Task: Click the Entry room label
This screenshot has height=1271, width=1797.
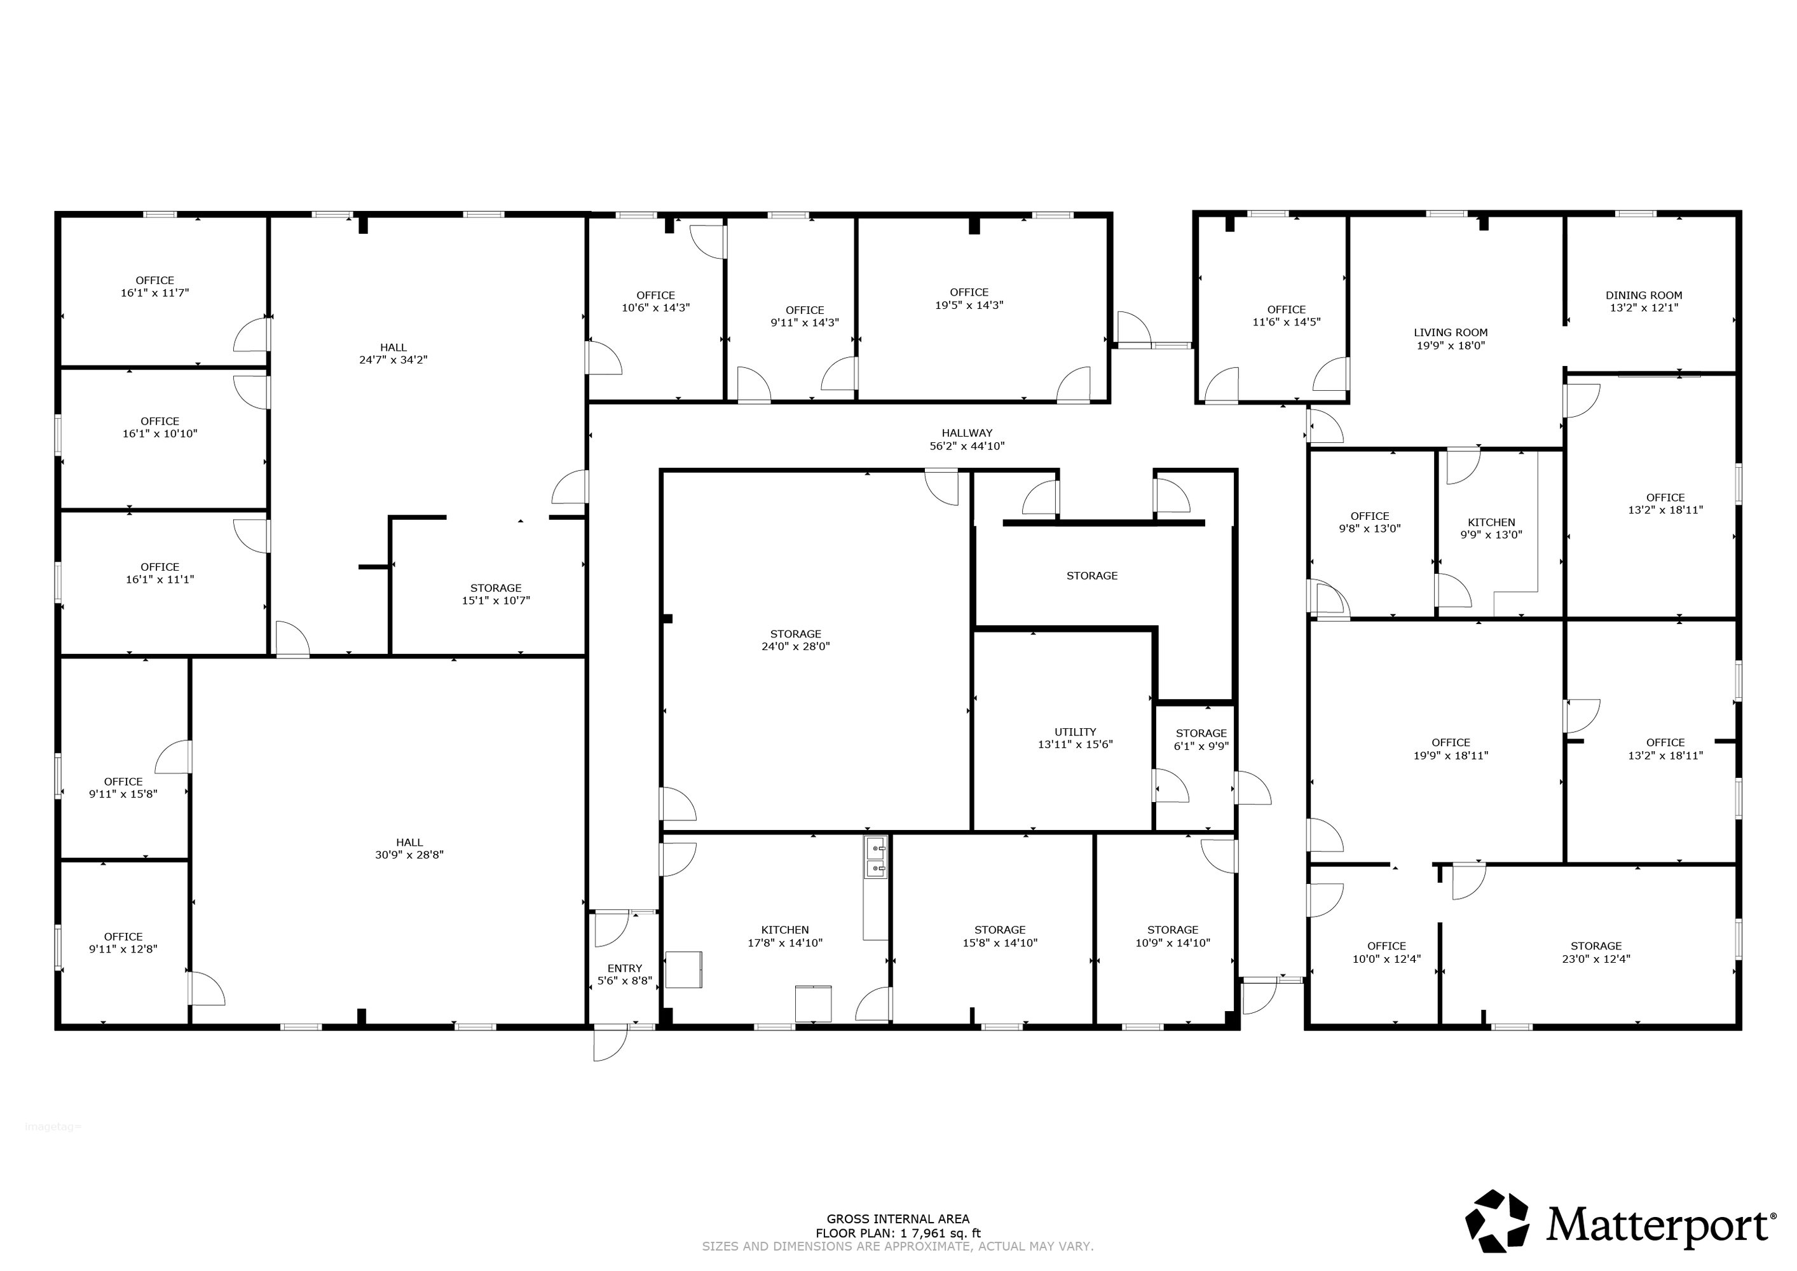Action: click(x=625, y=974)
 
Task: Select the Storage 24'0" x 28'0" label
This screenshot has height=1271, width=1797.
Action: click(x=796, y=640)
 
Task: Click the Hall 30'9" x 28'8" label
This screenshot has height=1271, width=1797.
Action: click(x=409, y=848)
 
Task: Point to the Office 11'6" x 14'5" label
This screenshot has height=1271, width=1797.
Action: click(x=1287, y=315)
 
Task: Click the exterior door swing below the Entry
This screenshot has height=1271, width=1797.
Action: click(x=610, y=1044)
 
